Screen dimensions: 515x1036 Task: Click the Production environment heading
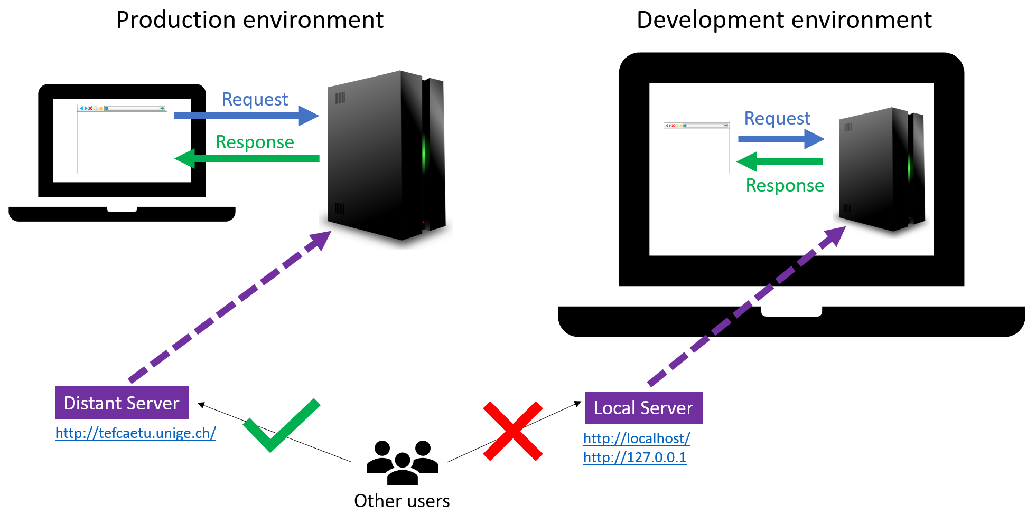pos(249,21)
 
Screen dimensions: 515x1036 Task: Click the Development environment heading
pos(784,21)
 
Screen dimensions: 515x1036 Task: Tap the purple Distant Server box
pos(122,403)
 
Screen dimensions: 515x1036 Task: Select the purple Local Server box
pos(643,408)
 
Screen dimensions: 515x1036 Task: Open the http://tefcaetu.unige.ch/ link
pos(136,433)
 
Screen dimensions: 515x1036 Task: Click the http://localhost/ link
pos(637,438)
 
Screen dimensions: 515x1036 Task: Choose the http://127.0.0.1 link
pos(634,457)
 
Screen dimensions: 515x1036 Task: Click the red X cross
pos(512,431)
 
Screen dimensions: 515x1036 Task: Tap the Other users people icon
pos(403,463)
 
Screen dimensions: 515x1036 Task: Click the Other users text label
pos(402,500)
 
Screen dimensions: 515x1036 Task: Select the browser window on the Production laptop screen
pos(122,139)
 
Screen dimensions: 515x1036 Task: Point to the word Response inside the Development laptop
pos(785,186)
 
